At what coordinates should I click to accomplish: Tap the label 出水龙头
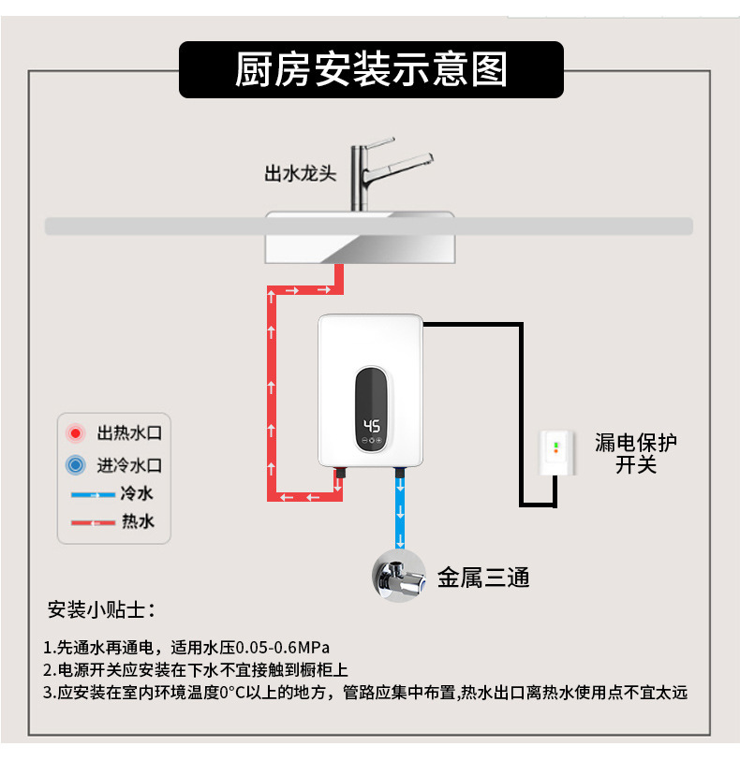(x=299, y=174)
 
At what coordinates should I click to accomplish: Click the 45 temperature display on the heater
(x=371, y=423)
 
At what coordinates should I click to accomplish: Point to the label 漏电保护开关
(x=636, y=454)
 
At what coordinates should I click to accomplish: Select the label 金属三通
(x=483, y=578)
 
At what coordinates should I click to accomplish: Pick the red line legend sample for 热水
(x=92, y=522)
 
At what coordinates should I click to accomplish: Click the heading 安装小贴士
(x=101, y=610)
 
